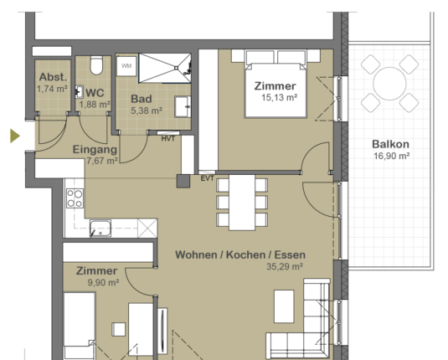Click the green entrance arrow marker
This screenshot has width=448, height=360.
tap(14, 135)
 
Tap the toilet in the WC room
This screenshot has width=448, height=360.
tap(95, 66)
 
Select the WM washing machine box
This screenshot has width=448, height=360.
tap(126, 64)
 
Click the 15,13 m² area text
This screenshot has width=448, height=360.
tap(280, 98)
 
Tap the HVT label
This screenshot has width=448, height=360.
tap(168, 138)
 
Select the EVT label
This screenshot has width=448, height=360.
tap(208, 178)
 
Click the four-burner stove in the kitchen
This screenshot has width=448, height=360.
tap(75, 198)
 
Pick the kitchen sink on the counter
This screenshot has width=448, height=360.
tap(100, 227)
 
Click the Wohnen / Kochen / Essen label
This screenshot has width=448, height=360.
tap(239, 255)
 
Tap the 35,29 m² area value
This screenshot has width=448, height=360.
tap(284, 267)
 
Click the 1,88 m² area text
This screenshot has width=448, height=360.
tap(95, 105)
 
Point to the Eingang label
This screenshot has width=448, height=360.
tap(94, 149)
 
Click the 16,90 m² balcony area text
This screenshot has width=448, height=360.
tap(390, 156)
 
